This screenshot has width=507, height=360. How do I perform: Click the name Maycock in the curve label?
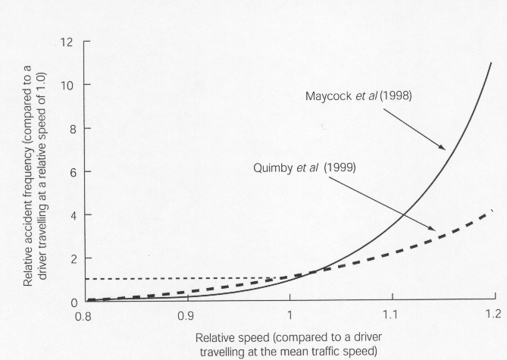[330, 97]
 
